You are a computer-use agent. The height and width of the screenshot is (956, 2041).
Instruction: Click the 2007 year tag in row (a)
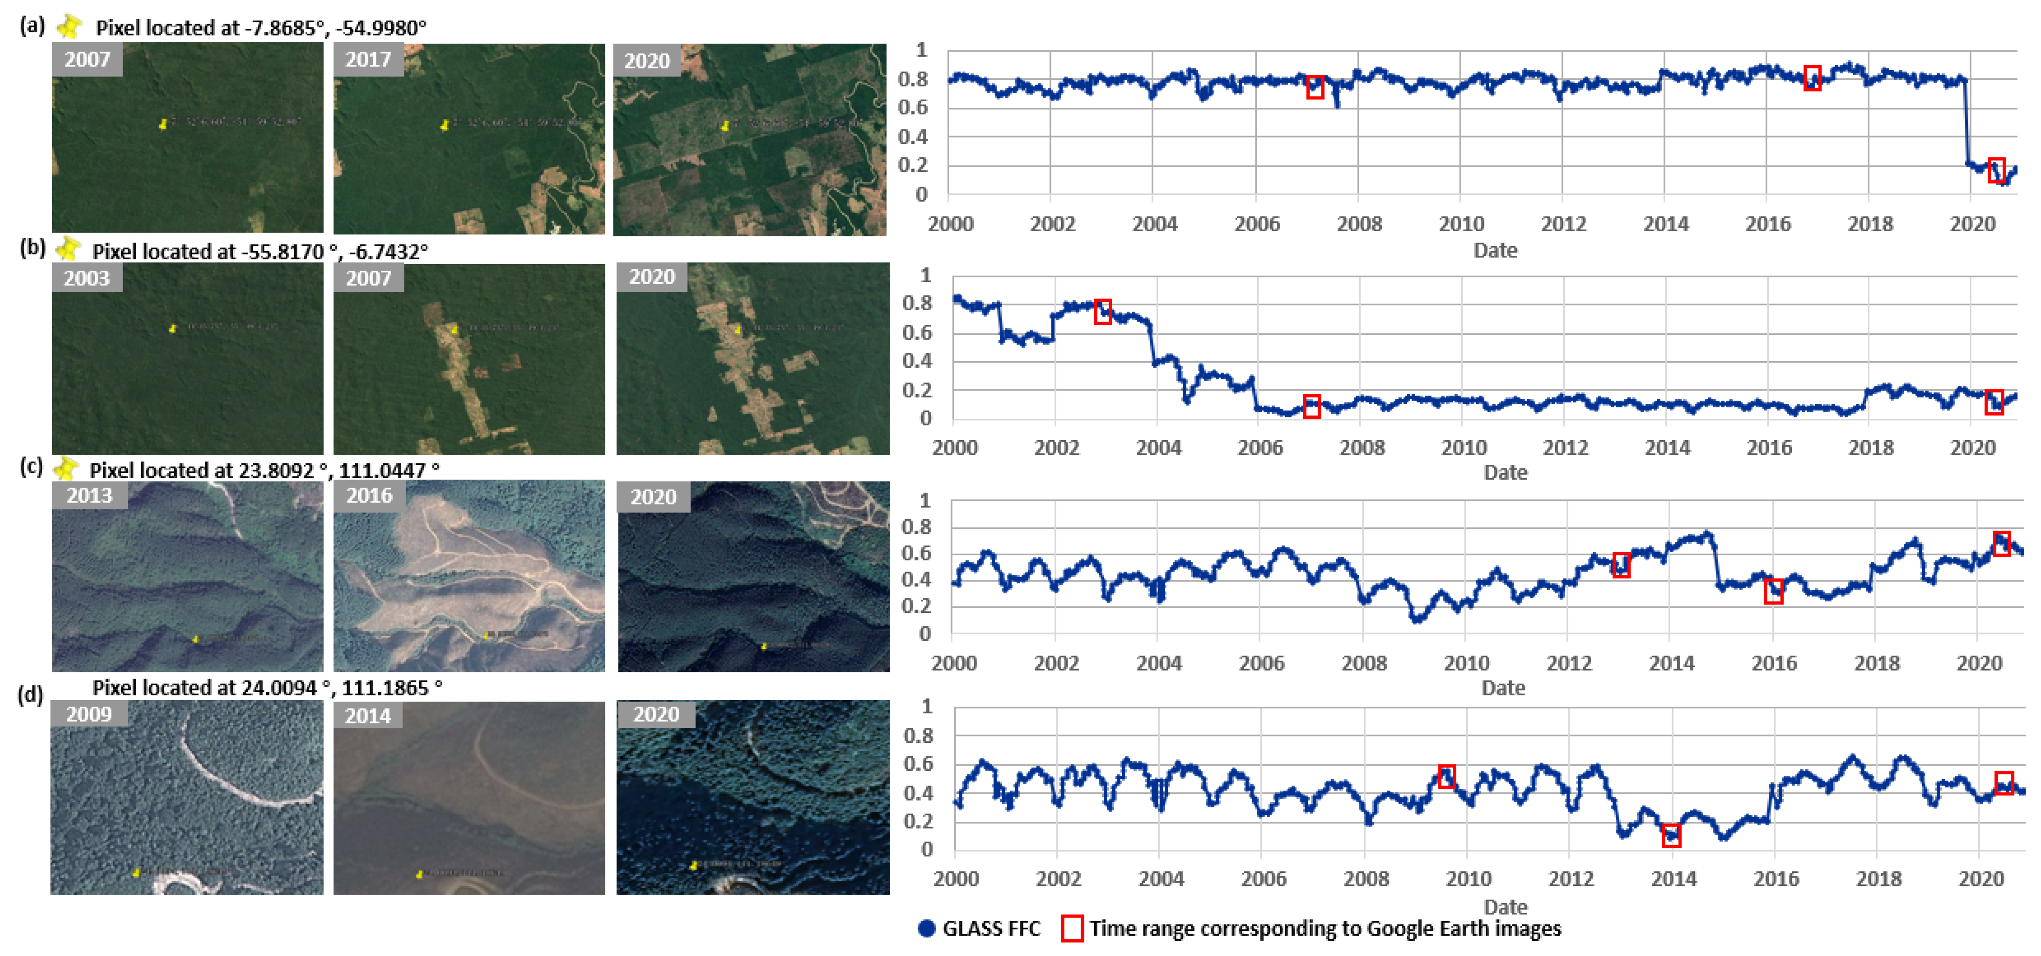point(87,59)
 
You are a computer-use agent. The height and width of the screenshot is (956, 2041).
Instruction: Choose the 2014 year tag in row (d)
point(368,715)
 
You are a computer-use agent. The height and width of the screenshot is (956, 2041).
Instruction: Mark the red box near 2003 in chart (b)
point(1102,311)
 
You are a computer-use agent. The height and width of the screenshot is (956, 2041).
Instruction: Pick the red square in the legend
point(1072,928)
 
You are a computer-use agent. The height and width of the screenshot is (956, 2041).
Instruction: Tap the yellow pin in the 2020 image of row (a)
point(724,125)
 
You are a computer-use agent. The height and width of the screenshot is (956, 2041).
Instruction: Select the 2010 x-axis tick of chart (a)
point(1461,224)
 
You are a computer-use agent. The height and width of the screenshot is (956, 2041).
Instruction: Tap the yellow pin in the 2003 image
point(173,328)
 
